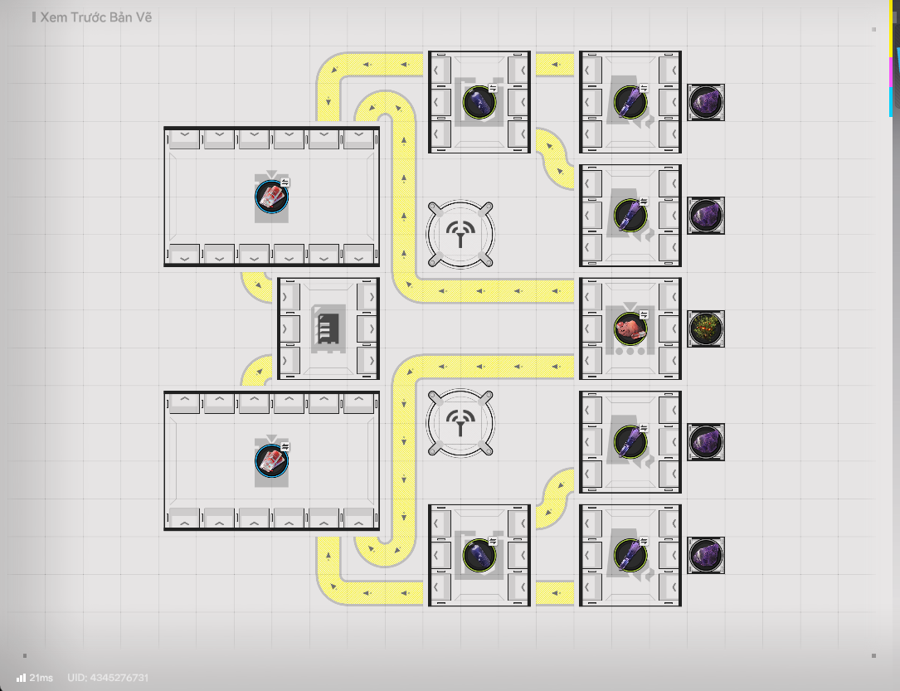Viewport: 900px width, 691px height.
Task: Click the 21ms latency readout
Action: click(x=41, y=678)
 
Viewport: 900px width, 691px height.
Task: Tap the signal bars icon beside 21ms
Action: click(x=21, y=678)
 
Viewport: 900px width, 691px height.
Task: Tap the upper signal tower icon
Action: click(x=460, y=235)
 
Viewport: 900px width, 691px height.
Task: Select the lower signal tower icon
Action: click(x=460, y=423)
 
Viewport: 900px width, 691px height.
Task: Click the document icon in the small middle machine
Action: click(x=327, y=328)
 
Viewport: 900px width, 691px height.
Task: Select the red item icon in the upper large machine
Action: click(x=271, y=196)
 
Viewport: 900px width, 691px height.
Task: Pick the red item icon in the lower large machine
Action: click(x=271, y=460)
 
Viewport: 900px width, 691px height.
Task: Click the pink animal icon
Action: click(x=630, y=328)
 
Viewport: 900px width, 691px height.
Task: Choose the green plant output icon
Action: click(x=706, y=328)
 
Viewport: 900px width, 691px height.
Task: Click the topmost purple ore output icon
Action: click(x=706, y=102)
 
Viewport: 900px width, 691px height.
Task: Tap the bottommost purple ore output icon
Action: click(x=706, y=554)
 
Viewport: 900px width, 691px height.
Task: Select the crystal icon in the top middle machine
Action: click(x=479, y=102)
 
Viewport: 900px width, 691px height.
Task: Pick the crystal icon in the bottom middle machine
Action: click(x=479, y=554)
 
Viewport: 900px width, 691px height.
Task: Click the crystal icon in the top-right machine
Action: click(x=630, y=102)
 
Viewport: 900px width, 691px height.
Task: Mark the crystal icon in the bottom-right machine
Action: click(x=630, y=554)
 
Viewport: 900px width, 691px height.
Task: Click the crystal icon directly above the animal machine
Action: click(x=630, y=215)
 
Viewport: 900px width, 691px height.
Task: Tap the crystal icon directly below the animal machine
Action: click(x=630, y=441)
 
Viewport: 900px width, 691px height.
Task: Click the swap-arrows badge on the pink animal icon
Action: click(x=644, y=314)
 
